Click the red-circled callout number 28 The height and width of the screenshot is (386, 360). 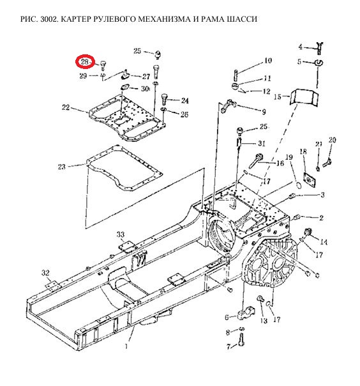[x=85, y=61]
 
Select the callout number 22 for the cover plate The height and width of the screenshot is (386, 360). [x=66, y=107]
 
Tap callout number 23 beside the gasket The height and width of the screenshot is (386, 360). [x=61, y=167]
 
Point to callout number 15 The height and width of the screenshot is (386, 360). [x=278, y=96]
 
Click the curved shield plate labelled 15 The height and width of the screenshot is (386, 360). [x=304, y=98]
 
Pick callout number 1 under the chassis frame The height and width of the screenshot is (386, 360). [x=126, y=346]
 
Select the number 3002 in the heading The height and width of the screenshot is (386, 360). [x=49, y=19]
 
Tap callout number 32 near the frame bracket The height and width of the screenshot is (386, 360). [x=45, y=273]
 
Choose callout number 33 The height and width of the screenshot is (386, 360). [x=121, y=235]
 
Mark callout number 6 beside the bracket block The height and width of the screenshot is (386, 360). [x=227, y=317]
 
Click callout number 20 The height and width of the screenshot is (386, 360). [x=332, y=140]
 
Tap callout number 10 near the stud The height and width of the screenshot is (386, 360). [x=268, y=61]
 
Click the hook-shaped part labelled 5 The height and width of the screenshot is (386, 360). [x=319, y=63]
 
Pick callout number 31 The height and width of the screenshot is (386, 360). [x=262, y=143]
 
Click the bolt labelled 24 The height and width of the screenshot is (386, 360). [x=164, y=99]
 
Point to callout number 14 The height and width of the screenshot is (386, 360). [x=324, y=242]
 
